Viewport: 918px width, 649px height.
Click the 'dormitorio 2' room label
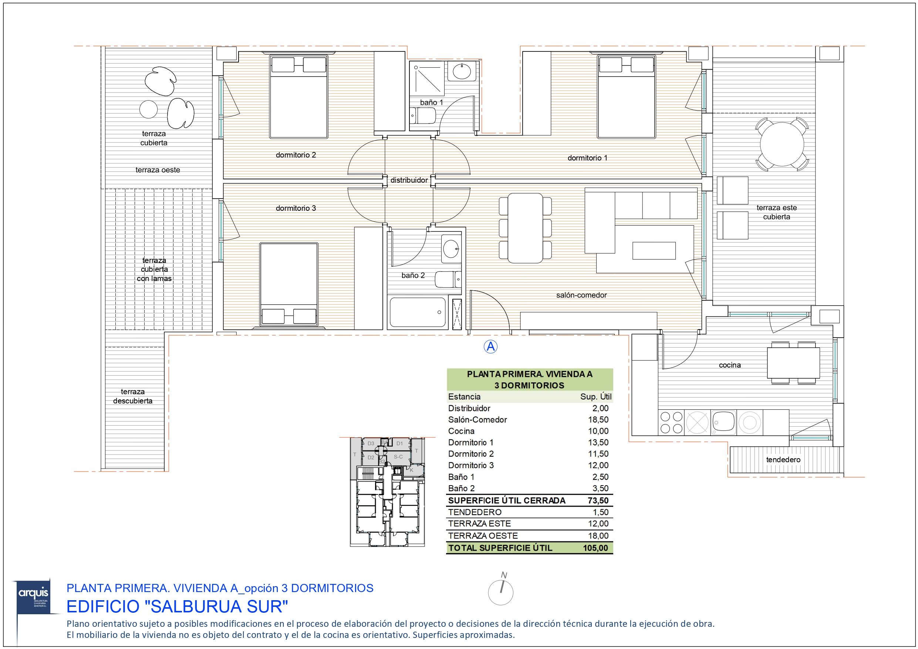coord(296,155)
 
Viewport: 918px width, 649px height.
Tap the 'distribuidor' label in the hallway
coord(409,180)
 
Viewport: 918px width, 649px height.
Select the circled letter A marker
coord(490,347)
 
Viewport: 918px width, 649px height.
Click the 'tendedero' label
coord(783,459)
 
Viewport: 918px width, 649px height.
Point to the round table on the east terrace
coord(782,144)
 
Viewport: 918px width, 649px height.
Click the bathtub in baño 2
coord(418,312)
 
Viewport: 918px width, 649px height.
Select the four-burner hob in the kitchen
coord(671,423)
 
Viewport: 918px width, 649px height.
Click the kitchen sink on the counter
coord(723,422)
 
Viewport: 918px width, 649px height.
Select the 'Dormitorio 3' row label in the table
coord(470,465)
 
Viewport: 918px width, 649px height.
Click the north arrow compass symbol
coord(500,591)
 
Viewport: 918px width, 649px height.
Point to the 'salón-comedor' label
coord(581,295)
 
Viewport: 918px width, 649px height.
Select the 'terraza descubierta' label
coord(132,396)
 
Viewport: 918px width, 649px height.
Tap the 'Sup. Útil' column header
coord(595,397)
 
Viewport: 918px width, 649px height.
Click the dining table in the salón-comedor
coord(525,228)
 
